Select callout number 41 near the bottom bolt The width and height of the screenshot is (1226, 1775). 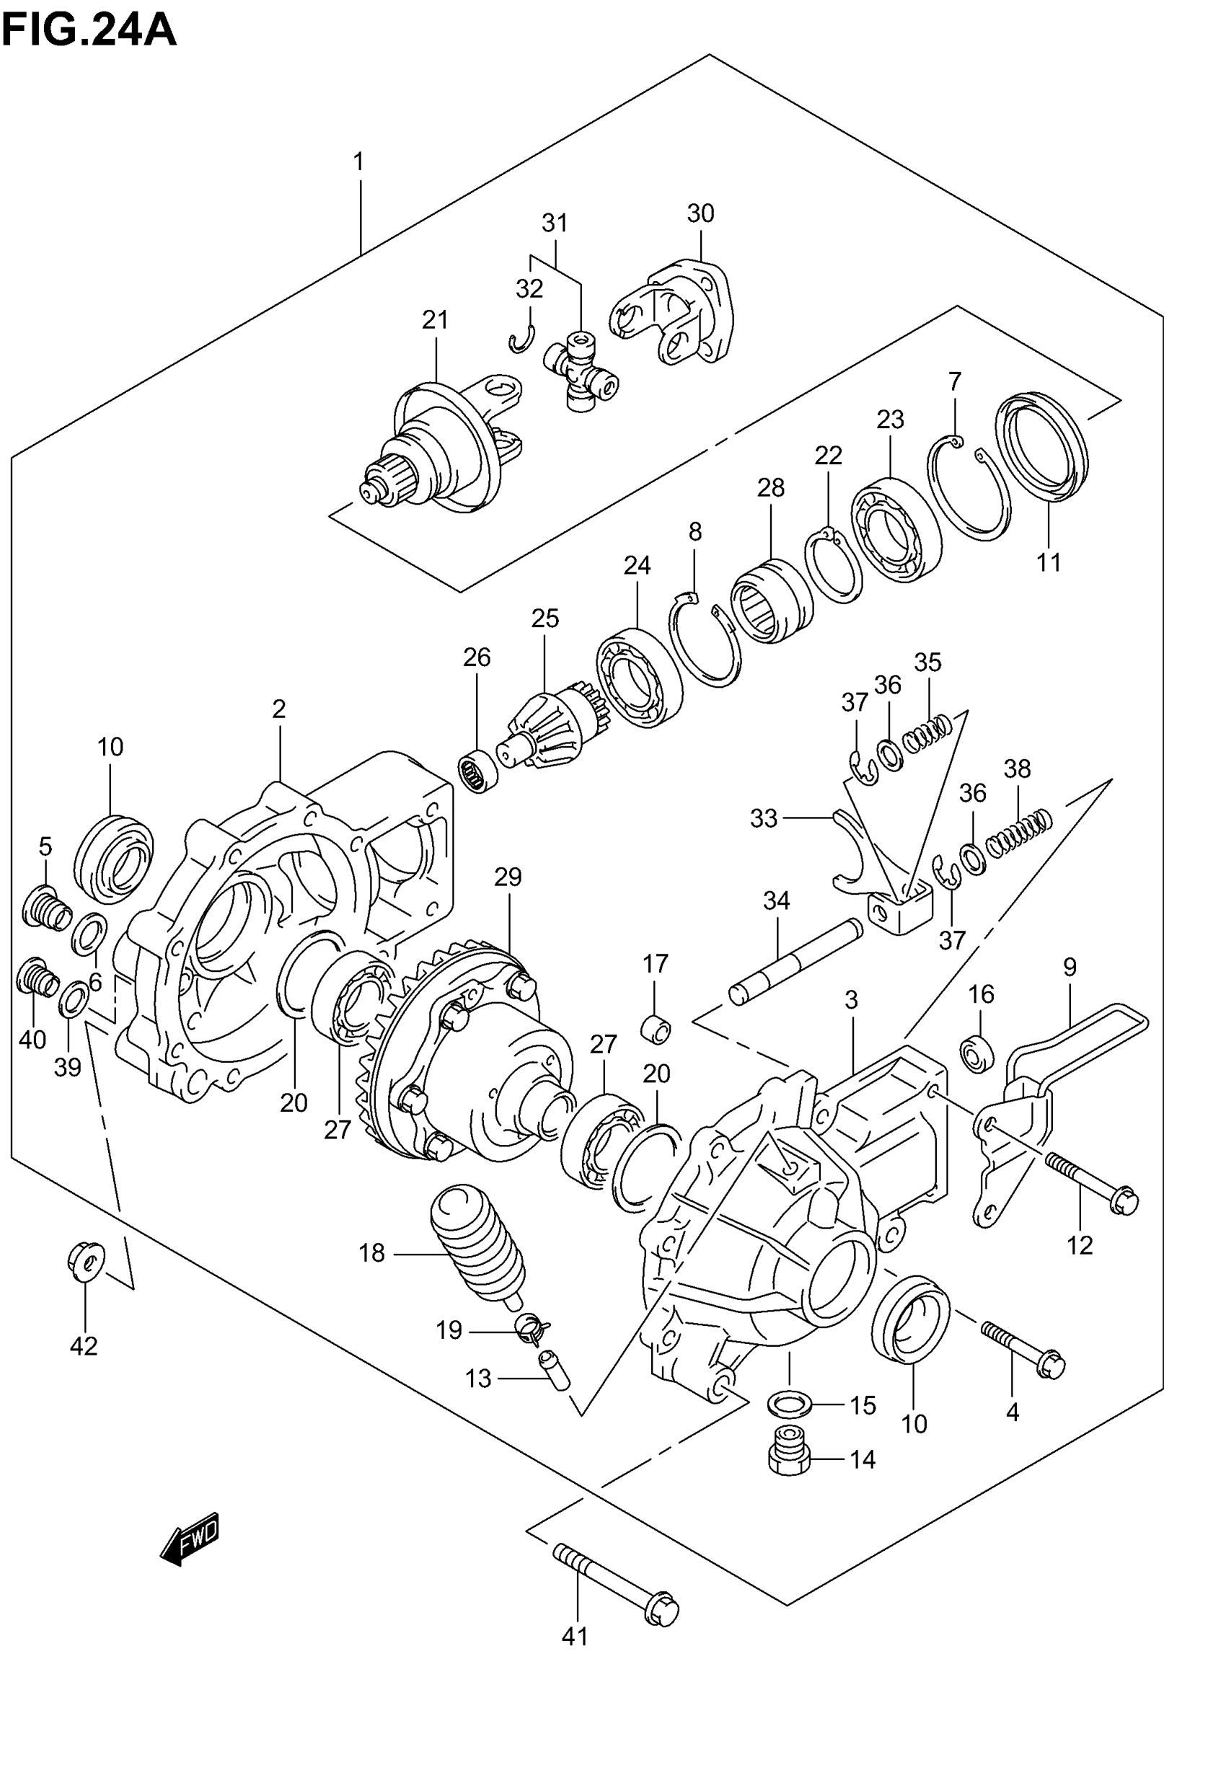[x=575, y=1637]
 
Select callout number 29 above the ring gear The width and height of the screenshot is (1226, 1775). [x=508, y=876]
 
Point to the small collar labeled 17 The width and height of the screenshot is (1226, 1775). [x=656, y=1029]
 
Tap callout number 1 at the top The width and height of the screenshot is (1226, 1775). [x=358, y=162]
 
